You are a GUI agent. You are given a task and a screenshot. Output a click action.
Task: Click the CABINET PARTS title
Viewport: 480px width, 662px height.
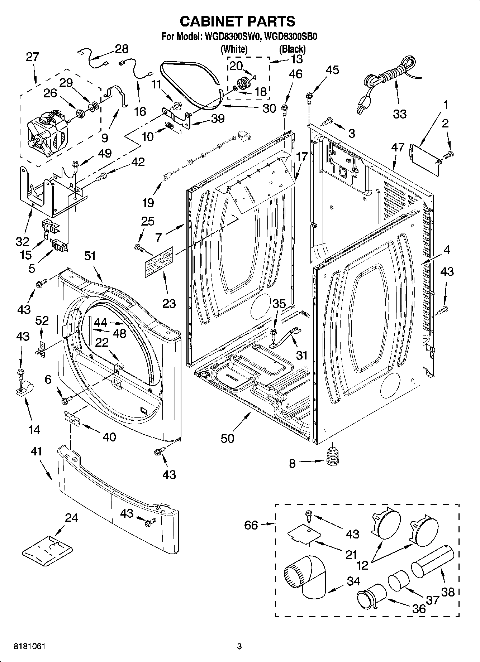(237, 21)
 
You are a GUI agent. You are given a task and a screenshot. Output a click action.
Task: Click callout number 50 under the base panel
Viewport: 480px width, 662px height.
(227, 438)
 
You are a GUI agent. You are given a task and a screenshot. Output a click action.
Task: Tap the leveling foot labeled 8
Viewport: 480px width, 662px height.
(333, 458)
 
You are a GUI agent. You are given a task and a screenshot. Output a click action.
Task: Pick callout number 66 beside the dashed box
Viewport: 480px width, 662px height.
(251, 525)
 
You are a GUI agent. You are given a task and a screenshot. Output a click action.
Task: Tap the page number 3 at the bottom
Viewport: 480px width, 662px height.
(239, 647)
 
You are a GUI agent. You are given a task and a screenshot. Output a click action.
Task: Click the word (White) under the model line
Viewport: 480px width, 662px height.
(234, 48)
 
